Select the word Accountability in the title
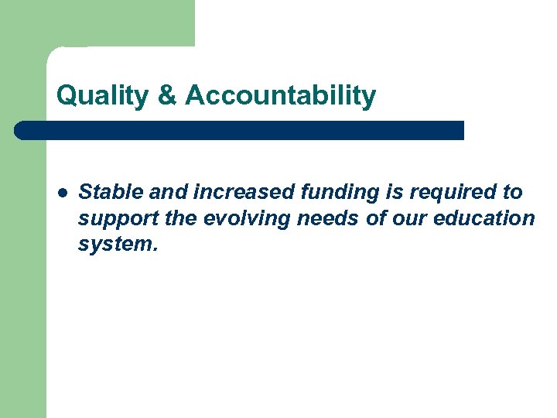point(281,96)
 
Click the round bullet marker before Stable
point(62,192)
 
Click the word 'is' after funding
point(383,192)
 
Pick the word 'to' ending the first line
point(513,192)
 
